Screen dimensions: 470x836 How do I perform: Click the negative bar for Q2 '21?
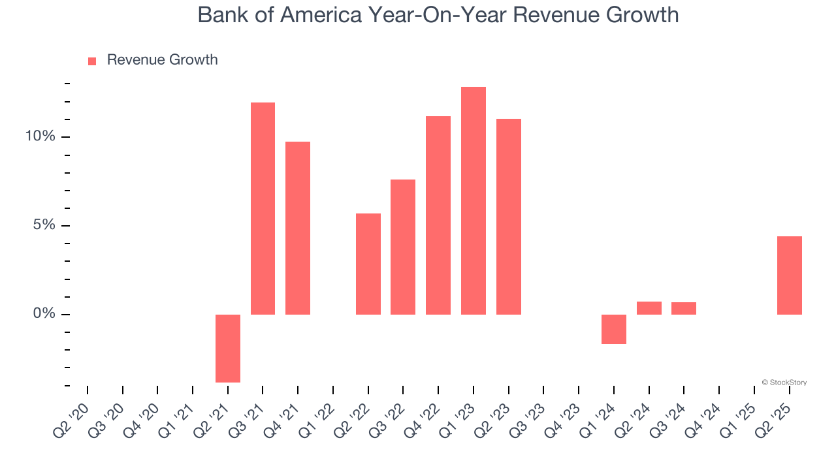[228, 348]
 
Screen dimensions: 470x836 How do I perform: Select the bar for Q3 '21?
[263, 208]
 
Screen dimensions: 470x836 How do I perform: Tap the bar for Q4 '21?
[298, 228]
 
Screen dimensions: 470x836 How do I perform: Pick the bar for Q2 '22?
[368, 264]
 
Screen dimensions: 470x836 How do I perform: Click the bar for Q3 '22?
[403, 247]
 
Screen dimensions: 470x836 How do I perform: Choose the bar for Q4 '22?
[438, 215]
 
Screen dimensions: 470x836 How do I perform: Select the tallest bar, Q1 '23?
[474, 200]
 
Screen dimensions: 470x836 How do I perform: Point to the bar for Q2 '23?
[509, 217]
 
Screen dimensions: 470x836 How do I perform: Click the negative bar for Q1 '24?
[614, 329]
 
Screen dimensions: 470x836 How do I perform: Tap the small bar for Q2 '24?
[649, 308]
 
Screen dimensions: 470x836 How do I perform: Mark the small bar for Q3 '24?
[684, 308]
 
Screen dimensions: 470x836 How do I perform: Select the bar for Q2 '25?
[790, 275]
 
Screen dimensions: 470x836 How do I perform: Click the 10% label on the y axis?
[40, 136]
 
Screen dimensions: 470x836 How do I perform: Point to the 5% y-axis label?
[44, 225]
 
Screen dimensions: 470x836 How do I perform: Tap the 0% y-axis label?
[44, 314]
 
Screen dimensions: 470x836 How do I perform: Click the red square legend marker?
[92, 61]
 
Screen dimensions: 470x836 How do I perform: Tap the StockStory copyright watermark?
[784, 383]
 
